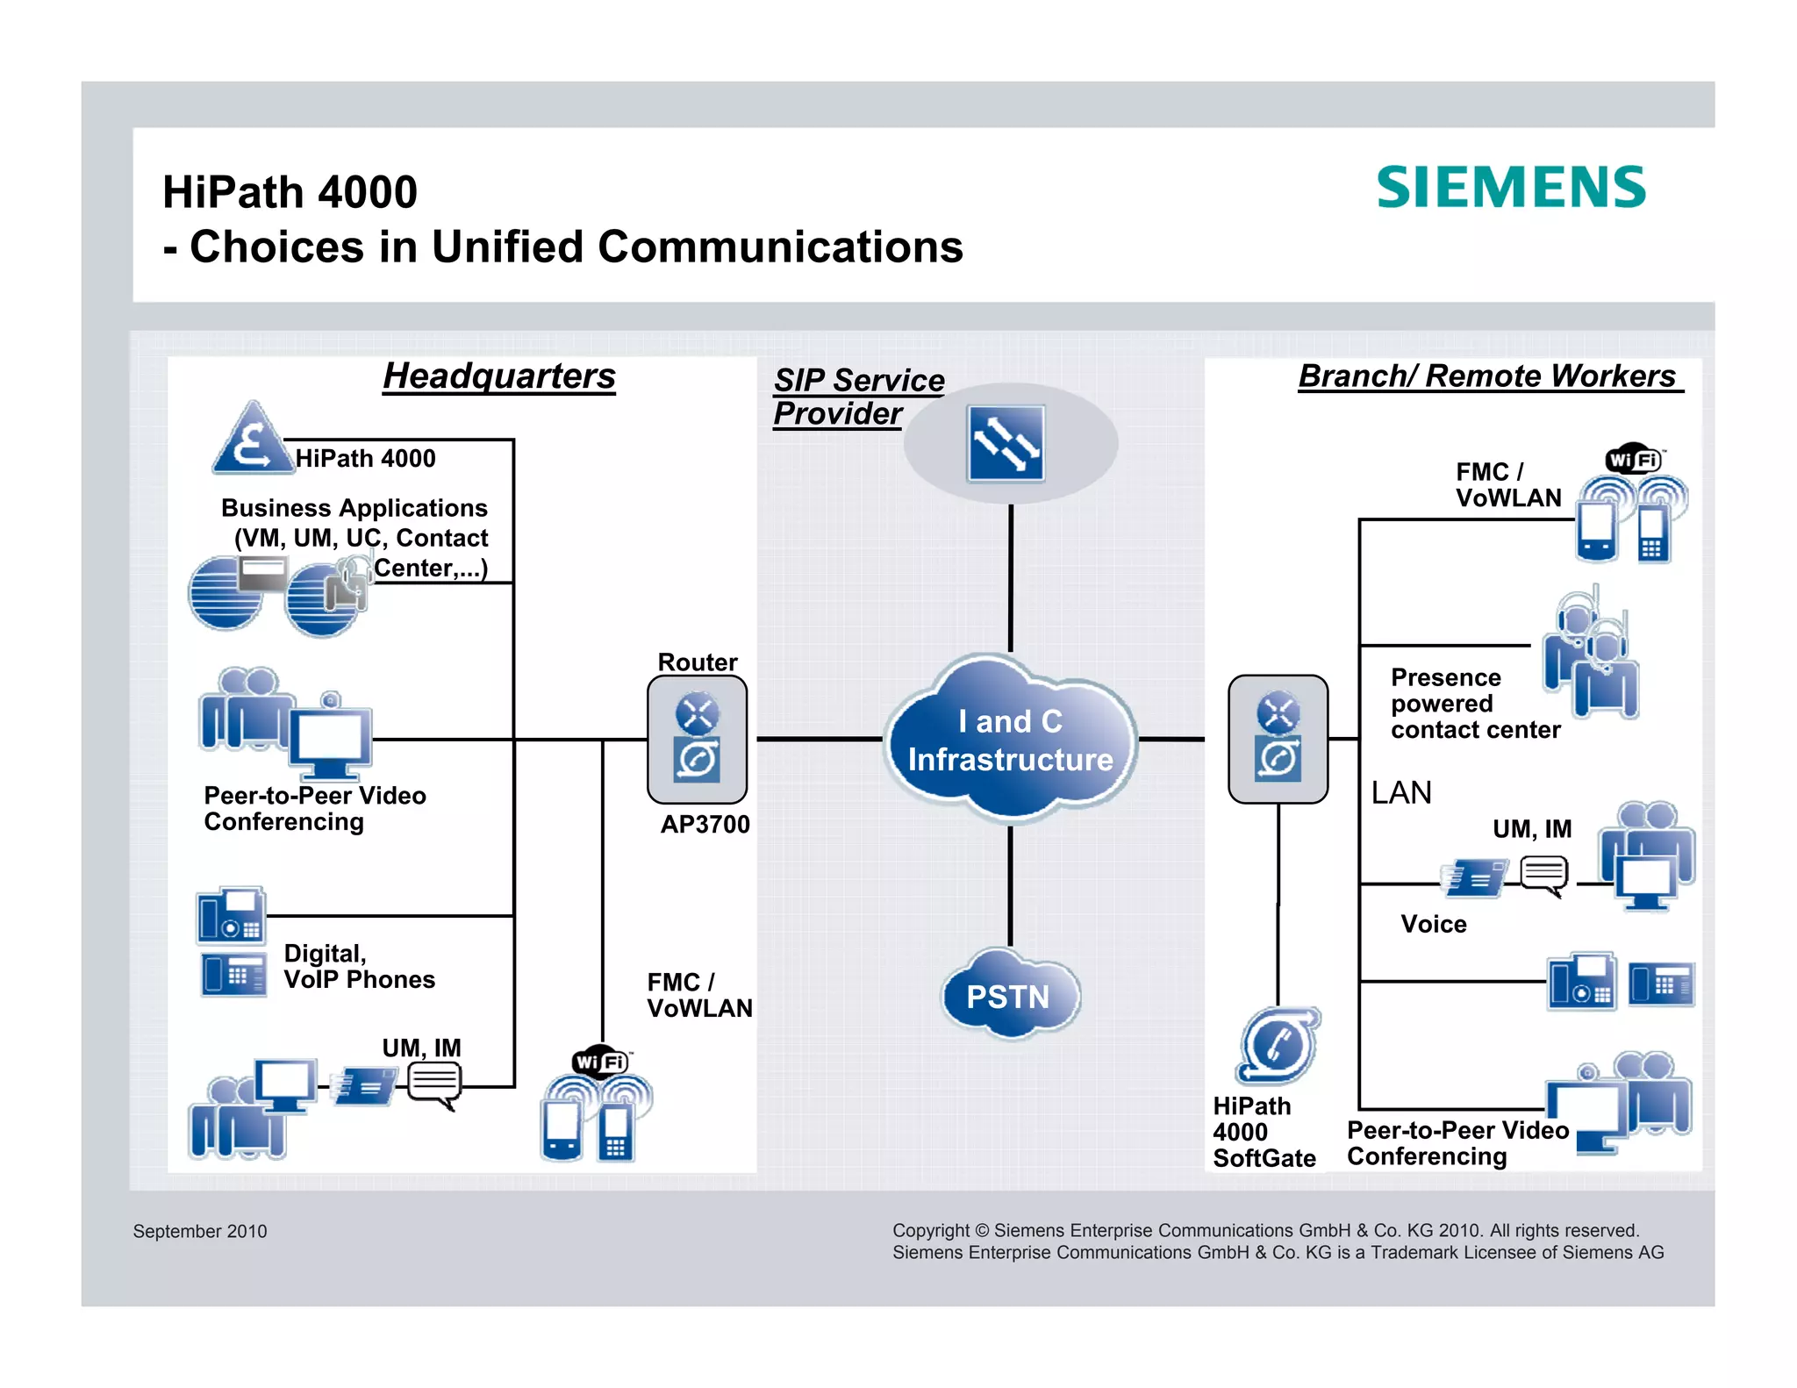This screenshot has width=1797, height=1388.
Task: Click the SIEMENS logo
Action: click(1510, 188)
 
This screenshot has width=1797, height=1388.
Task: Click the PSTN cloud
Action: click(1009, 996)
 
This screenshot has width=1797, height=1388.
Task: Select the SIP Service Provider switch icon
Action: click(1006, 444)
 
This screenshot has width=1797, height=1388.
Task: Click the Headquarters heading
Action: click(499, 376)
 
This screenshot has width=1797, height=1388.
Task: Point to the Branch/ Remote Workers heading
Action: click(1488, 376)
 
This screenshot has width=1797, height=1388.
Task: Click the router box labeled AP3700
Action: click(697, 739)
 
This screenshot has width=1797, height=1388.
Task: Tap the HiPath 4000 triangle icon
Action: click(252, 440)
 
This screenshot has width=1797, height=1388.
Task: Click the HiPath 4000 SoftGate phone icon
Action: click(1278, 1045)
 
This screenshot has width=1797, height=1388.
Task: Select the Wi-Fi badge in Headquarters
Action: click(600, 1062)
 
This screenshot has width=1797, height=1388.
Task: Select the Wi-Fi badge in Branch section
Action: click(1634, 460)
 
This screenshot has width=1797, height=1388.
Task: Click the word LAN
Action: click(1401, 793)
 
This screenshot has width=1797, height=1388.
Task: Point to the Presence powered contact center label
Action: click(1475, 704)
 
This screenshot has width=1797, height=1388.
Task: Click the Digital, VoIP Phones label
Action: click(359, 966)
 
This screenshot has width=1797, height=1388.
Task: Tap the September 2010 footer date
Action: click(200, 1231)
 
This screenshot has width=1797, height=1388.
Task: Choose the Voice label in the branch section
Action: click(1433, 924)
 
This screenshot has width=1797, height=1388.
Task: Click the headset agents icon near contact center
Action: click(1590, 656)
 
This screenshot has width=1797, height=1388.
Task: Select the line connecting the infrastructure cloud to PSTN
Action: click(1010, 886)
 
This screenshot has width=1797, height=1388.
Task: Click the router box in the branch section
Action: click(1278, 739)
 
